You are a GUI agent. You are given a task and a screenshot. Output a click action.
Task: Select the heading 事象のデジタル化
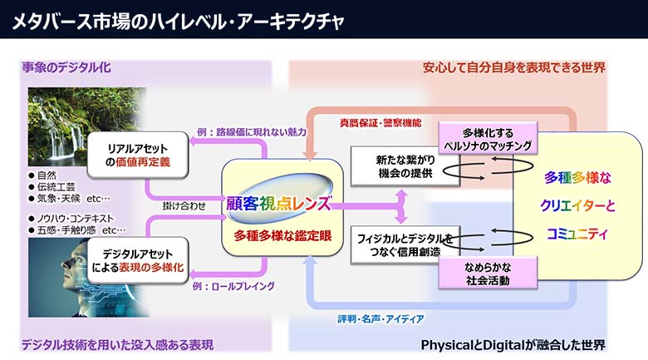[x=66, y=67]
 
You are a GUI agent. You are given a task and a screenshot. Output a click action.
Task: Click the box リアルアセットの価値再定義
[x=138, y=154]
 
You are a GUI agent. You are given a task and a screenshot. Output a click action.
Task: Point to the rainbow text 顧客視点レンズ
[x=278, y=204]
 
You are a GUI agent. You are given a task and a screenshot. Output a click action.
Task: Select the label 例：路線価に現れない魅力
[x=252, y=131]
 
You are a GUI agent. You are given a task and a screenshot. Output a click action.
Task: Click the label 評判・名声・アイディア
[x=381, y=318]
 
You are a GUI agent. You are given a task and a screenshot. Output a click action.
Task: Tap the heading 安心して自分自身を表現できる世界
[x=514, y=67]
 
